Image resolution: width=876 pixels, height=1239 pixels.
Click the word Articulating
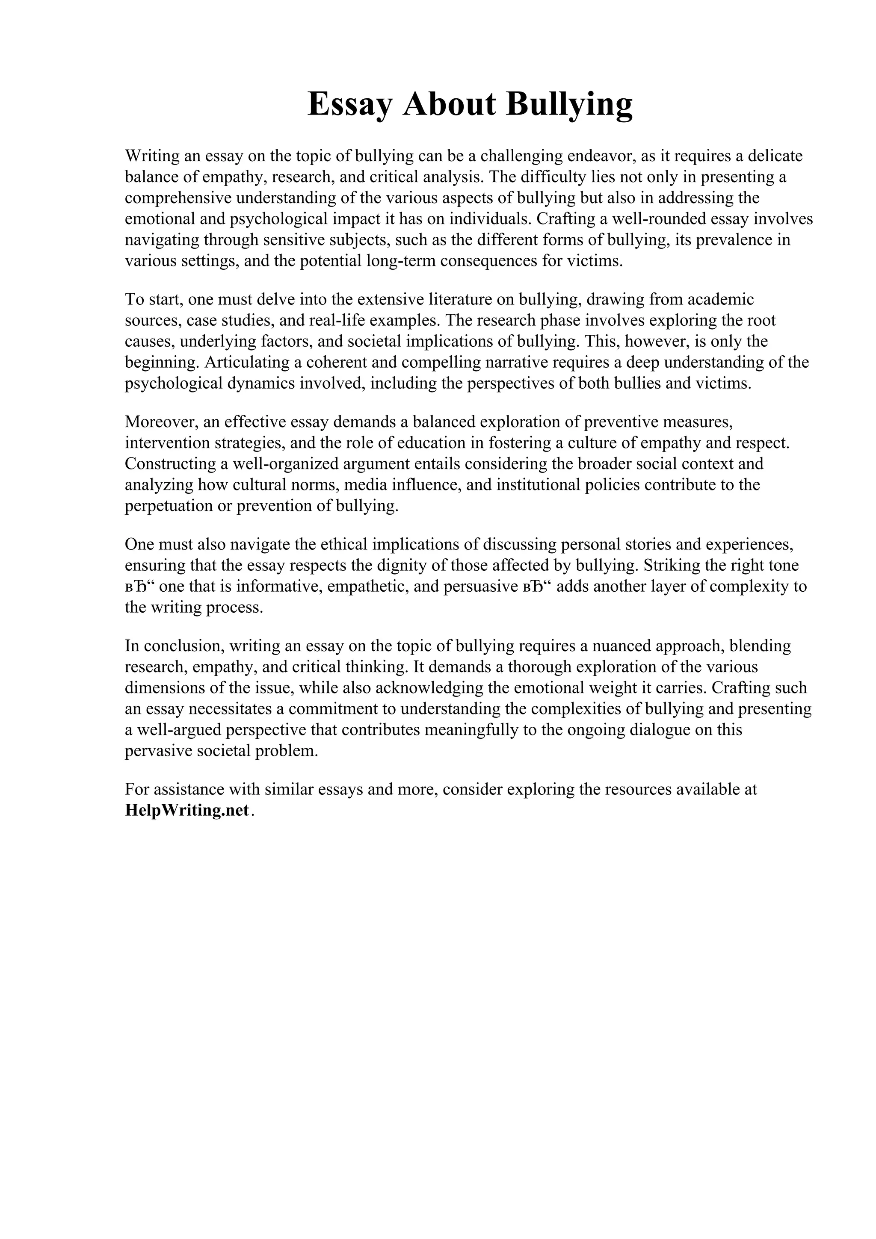tap(247, 362)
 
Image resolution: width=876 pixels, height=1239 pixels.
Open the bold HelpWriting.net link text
tap(187, 810)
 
